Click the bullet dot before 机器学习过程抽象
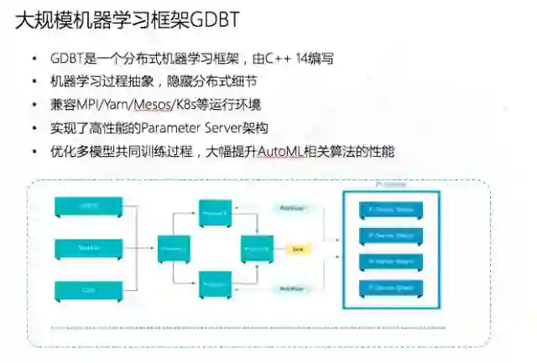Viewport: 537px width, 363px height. click(x=34, y=82)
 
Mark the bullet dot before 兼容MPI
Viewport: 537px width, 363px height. click(x=34, y=106)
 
